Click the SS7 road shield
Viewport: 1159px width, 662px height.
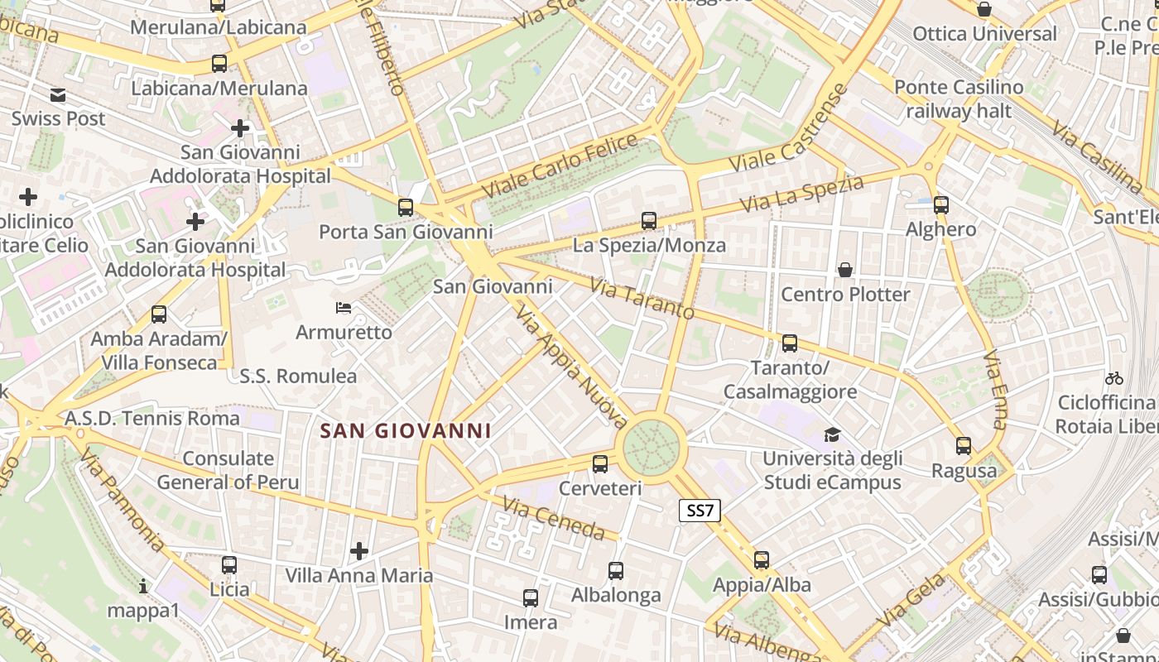[700, 511]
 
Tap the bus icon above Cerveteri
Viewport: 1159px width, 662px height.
[600, 464]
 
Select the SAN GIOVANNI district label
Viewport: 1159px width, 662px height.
[406, 430]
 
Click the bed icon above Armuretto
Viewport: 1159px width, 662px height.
[344, 309]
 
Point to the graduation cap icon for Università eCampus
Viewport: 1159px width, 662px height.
[832, 434]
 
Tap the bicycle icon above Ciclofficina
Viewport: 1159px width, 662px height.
[1113, 378]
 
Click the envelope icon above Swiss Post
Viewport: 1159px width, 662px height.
[58, 95]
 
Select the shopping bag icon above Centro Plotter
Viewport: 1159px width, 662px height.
[845, 270]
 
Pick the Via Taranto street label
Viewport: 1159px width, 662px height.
[642, 298]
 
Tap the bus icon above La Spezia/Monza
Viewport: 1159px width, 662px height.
[649, 221]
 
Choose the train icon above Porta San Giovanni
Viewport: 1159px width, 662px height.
[405, 208]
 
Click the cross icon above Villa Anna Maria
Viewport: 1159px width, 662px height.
[359, 550]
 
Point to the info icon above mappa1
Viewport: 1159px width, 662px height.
[143, 587]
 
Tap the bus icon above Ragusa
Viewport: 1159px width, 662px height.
[964, 446]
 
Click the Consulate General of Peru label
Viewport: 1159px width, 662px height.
[228, 470]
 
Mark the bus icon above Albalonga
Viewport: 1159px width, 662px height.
[615, 571]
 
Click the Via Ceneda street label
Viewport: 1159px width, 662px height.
[553, 517]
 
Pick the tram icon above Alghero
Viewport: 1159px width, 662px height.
[940, 205]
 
